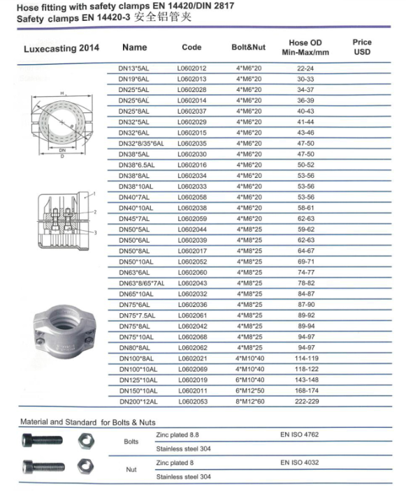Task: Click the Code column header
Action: click(191, 47)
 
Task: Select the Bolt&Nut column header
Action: click(249, 47)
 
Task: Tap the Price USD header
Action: click(362, 47)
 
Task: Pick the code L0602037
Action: click(192, 111)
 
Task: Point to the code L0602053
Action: click(193, 402)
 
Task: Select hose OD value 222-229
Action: click(307, 402)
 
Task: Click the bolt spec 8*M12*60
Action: click(250, 402)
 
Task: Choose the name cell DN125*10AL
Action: click(138, 380)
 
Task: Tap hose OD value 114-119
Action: click(307, 358)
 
